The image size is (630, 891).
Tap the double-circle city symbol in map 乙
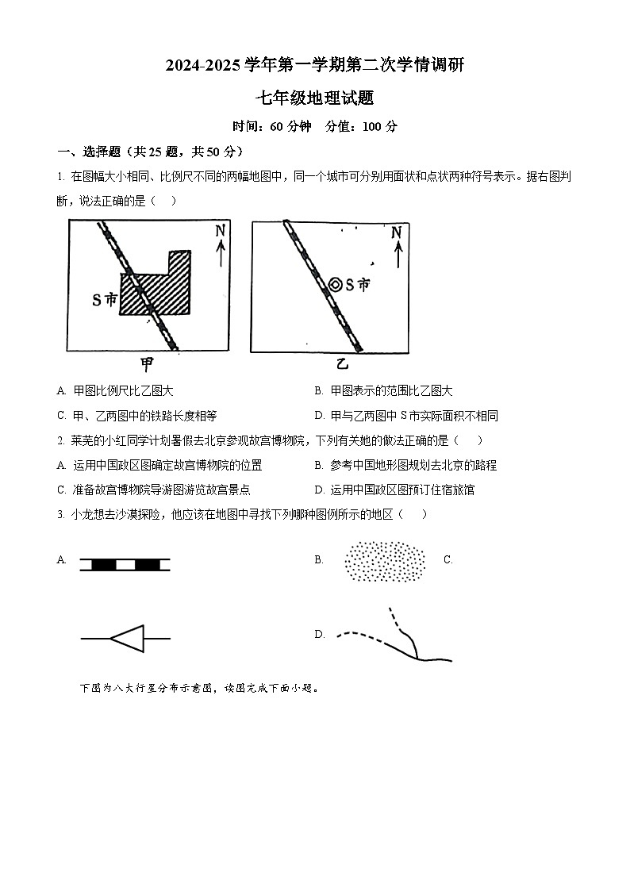(336, 284)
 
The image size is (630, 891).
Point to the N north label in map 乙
(396, 232)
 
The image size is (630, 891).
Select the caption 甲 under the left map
(148, 364)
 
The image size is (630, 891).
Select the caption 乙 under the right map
(341, 364)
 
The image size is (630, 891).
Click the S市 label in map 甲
(104, 300)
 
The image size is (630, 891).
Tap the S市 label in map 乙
(358, 284)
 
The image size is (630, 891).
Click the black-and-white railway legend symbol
(125, 565)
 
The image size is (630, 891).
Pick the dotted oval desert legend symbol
(384, 562)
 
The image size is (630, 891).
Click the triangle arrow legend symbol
(125, 637)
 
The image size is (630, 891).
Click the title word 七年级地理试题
(314, 98)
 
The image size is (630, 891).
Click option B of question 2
(405, 466)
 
